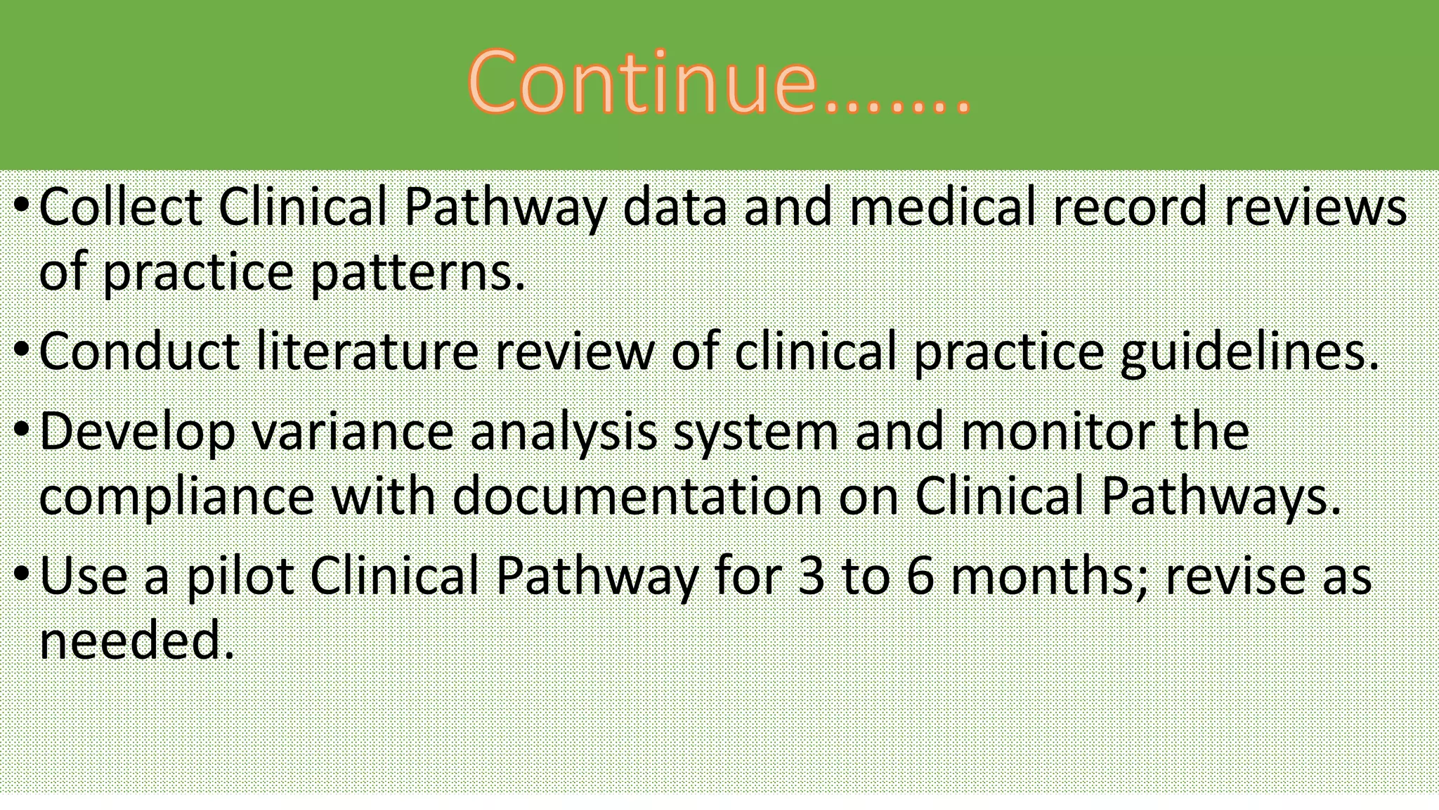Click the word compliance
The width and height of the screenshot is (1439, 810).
pos(176,496)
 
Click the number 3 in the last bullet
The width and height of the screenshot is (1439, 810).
pos(811,577)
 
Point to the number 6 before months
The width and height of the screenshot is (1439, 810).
pos(919,577)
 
